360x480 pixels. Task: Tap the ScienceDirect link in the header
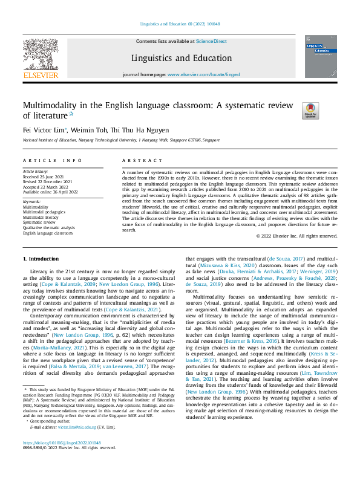pyautogui.click(x=211, y=41)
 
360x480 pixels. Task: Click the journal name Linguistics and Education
pyautogui.click(x=181, y=59)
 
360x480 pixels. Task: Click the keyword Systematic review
pyautogui.click(x=39, y=222)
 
